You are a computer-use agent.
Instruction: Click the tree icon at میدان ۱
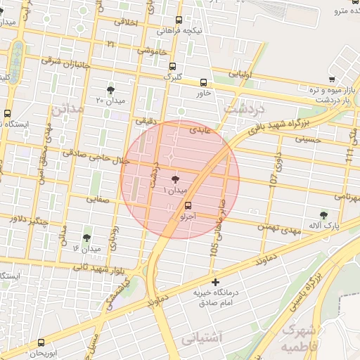point(175,180)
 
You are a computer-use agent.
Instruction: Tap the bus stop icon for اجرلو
point(188,206)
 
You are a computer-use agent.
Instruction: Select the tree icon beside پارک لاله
point(323,215)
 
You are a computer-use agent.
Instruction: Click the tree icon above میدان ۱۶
point(86,238)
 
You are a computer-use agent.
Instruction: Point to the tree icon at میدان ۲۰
point(110,90)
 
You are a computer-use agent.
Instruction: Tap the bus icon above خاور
point(204,82)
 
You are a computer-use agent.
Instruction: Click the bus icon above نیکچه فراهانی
point(179,20)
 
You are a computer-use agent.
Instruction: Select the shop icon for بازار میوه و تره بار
point(332,79)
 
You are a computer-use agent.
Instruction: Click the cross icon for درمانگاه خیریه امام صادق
point(215,282)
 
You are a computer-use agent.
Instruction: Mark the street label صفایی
point(98,199)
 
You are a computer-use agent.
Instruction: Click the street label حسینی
point(307,140)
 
